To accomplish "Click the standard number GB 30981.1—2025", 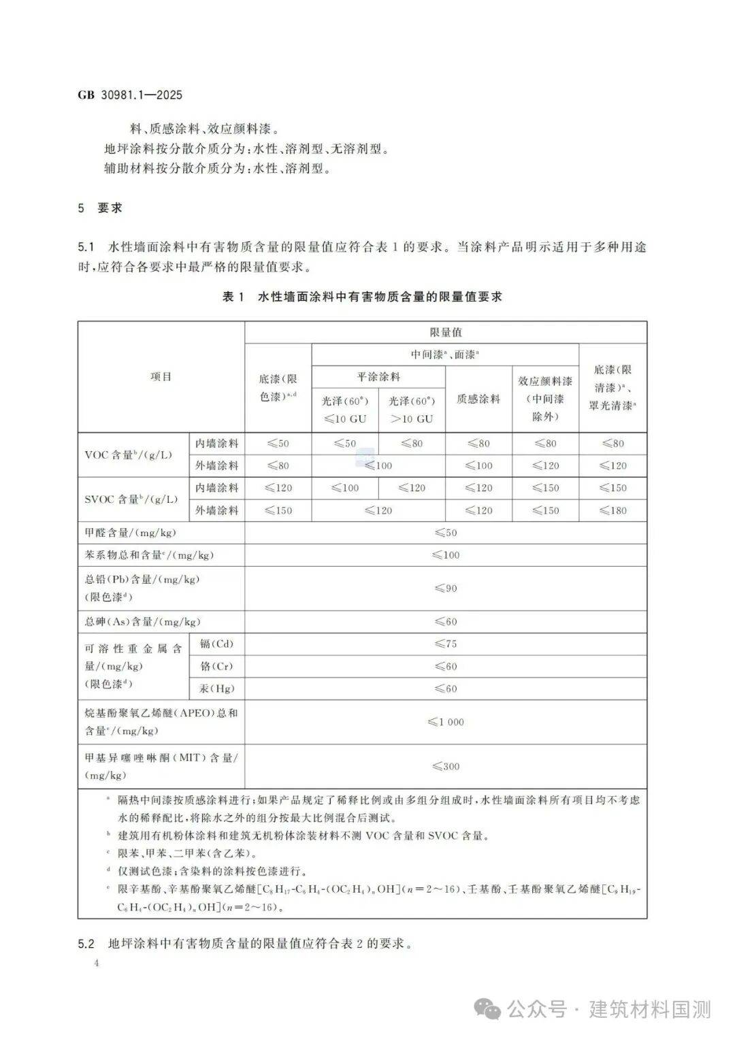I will click(131, 95).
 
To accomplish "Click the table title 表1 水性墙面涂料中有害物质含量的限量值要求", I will click(362, 297).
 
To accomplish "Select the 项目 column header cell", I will click(161, 376).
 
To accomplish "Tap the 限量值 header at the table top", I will click(446, 332).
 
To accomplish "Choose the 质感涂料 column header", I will click(478, 399).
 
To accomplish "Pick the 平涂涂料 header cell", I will click(378, 376).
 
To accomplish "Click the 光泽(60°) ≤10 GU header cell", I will click(345, 410).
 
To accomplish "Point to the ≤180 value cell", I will click(612, 510).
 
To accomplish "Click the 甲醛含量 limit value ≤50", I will click(446, 533).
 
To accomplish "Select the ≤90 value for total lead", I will click(446, 588).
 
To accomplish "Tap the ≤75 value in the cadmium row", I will click(446, 644).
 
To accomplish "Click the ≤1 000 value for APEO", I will click(446, 722).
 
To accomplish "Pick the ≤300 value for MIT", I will click(446, 766).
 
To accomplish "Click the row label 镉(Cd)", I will click(216, 644).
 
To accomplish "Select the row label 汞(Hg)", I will click(216, 689).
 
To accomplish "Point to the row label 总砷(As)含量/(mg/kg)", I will click(143, 621).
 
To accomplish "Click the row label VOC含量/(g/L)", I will click(128, 455).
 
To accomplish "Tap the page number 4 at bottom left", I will click(97, 963).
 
